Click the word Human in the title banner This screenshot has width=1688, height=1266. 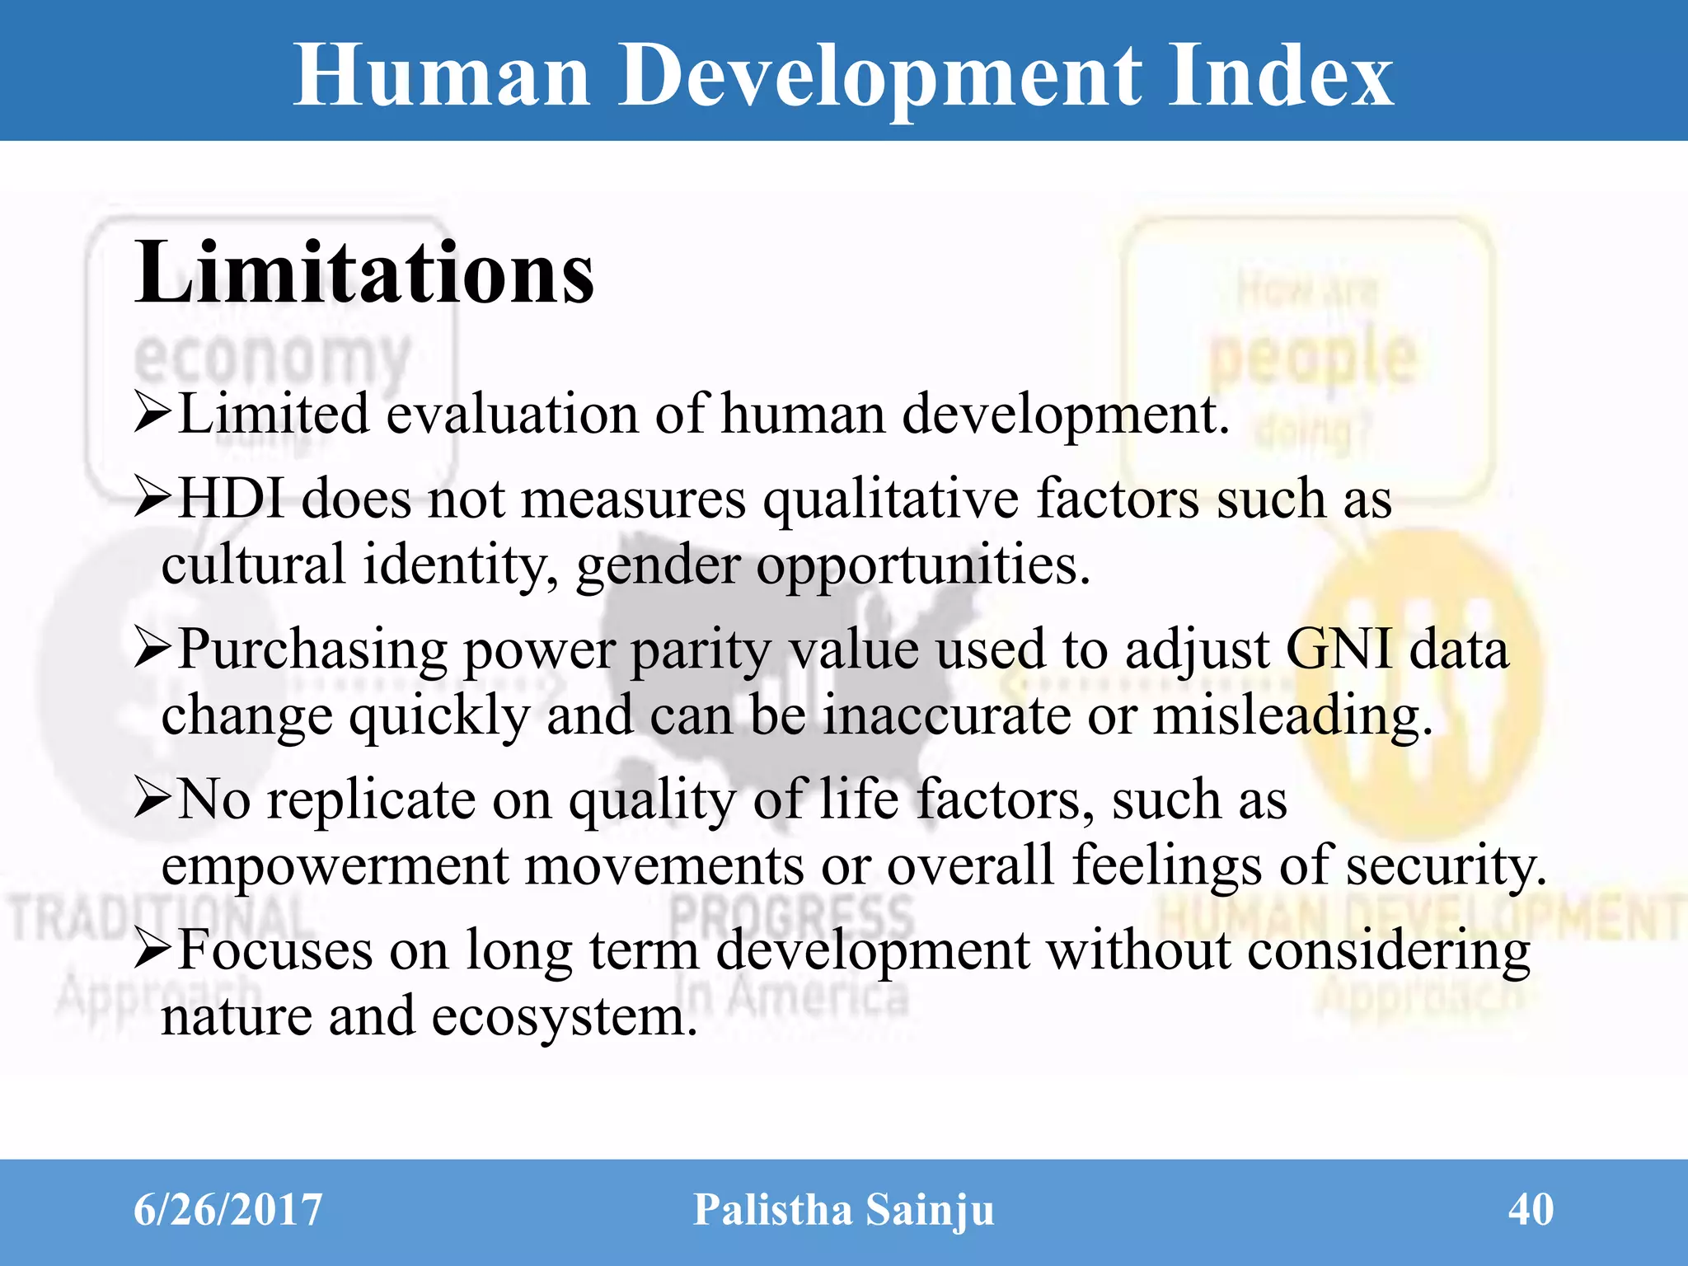(442, 76)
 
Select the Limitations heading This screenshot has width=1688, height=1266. (363, 273)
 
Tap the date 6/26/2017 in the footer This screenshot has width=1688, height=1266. (227, 1210)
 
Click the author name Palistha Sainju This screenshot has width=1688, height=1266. (844, 1210)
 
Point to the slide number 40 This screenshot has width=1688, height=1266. (1531, 1210)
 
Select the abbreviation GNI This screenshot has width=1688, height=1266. (1339, 649)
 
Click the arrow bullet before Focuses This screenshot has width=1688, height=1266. (153, 950)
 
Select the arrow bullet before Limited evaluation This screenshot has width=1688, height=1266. (153, 413)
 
